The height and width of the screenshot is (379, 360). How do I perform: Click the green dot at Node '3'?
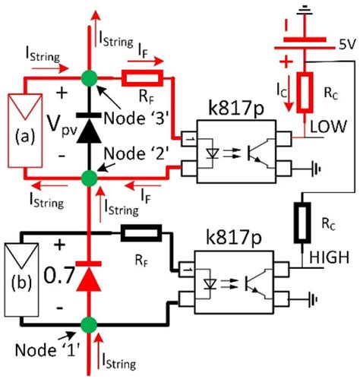[x=90, y=77]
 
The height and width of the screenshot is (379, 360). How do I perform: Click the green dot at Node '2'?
[x=89, y=178]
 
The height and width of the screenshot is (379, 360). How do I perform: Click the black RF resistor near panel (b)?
[x=141, y=232]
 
